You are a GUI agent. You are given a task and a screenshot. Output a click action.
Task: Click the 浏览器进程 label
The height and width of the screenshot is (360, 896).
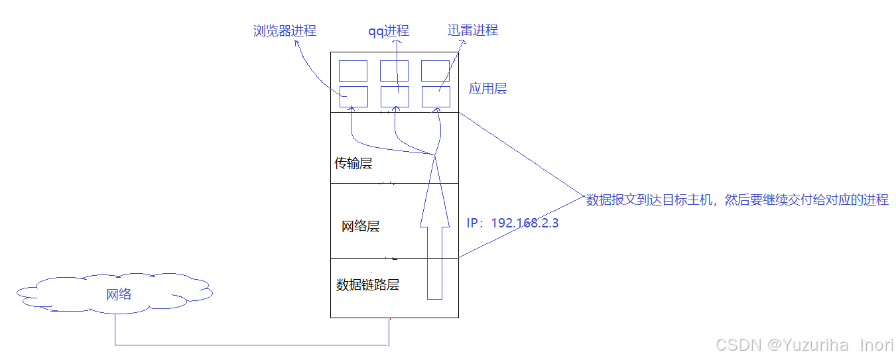[x=285, y=30]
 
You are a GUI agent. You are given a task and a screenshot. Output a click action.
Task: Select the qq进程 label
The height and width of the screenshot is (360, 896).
[x=389, y=31]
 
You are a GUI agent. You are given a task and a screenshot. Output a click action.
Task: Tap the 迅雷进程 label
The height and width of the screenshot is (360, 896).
[x=473, y=30]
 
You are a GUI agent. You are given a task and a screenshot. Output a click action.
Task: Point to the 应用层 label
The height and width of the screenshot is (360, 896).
[x=487, y=88]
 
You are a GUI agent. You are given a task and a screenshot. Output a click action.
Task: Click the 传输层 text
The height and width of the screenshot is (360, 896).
[x=353, y=163]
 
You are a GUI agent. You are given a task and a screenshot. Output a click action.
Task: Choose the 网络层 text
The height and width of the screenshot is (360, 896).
[x=360, y=227]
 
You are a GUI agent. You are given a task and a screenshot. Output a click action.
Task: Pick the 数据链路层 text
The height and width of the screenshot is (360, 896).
[x=367, y=285]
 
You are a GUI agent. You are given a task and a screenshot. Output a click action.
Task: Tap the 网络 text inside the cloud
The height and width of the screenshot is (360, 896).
[x=119, y=294]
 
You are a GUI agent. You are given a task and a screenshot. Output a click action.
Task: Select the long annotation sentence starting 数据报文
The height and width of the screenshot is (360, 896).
[x=737, y=200]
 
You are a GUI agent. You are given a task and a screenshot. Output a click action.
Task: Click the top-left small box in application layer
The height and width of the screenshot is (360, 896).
[x=353, y=71]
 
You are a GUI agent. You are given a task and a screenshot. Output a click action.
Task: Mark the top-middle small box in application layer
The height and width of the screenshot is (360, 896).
[x=394, y=71]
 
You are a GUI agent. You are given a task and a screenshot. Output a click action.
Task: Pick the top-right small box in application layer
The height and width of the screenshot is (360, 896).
[x=435, y=71]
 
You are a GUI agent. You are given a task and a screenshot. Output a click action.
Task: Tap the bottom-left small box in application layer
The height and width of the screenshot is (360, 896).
[x=353, y=97]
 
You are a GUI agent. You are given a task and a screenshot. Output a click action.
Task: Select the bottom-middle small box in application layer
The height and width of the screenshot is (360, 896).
[x=394, y=97]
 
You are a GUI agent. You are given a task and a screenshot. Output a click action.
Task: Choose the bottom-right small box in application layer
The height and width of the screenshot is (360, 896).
[x=435, y=97]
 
